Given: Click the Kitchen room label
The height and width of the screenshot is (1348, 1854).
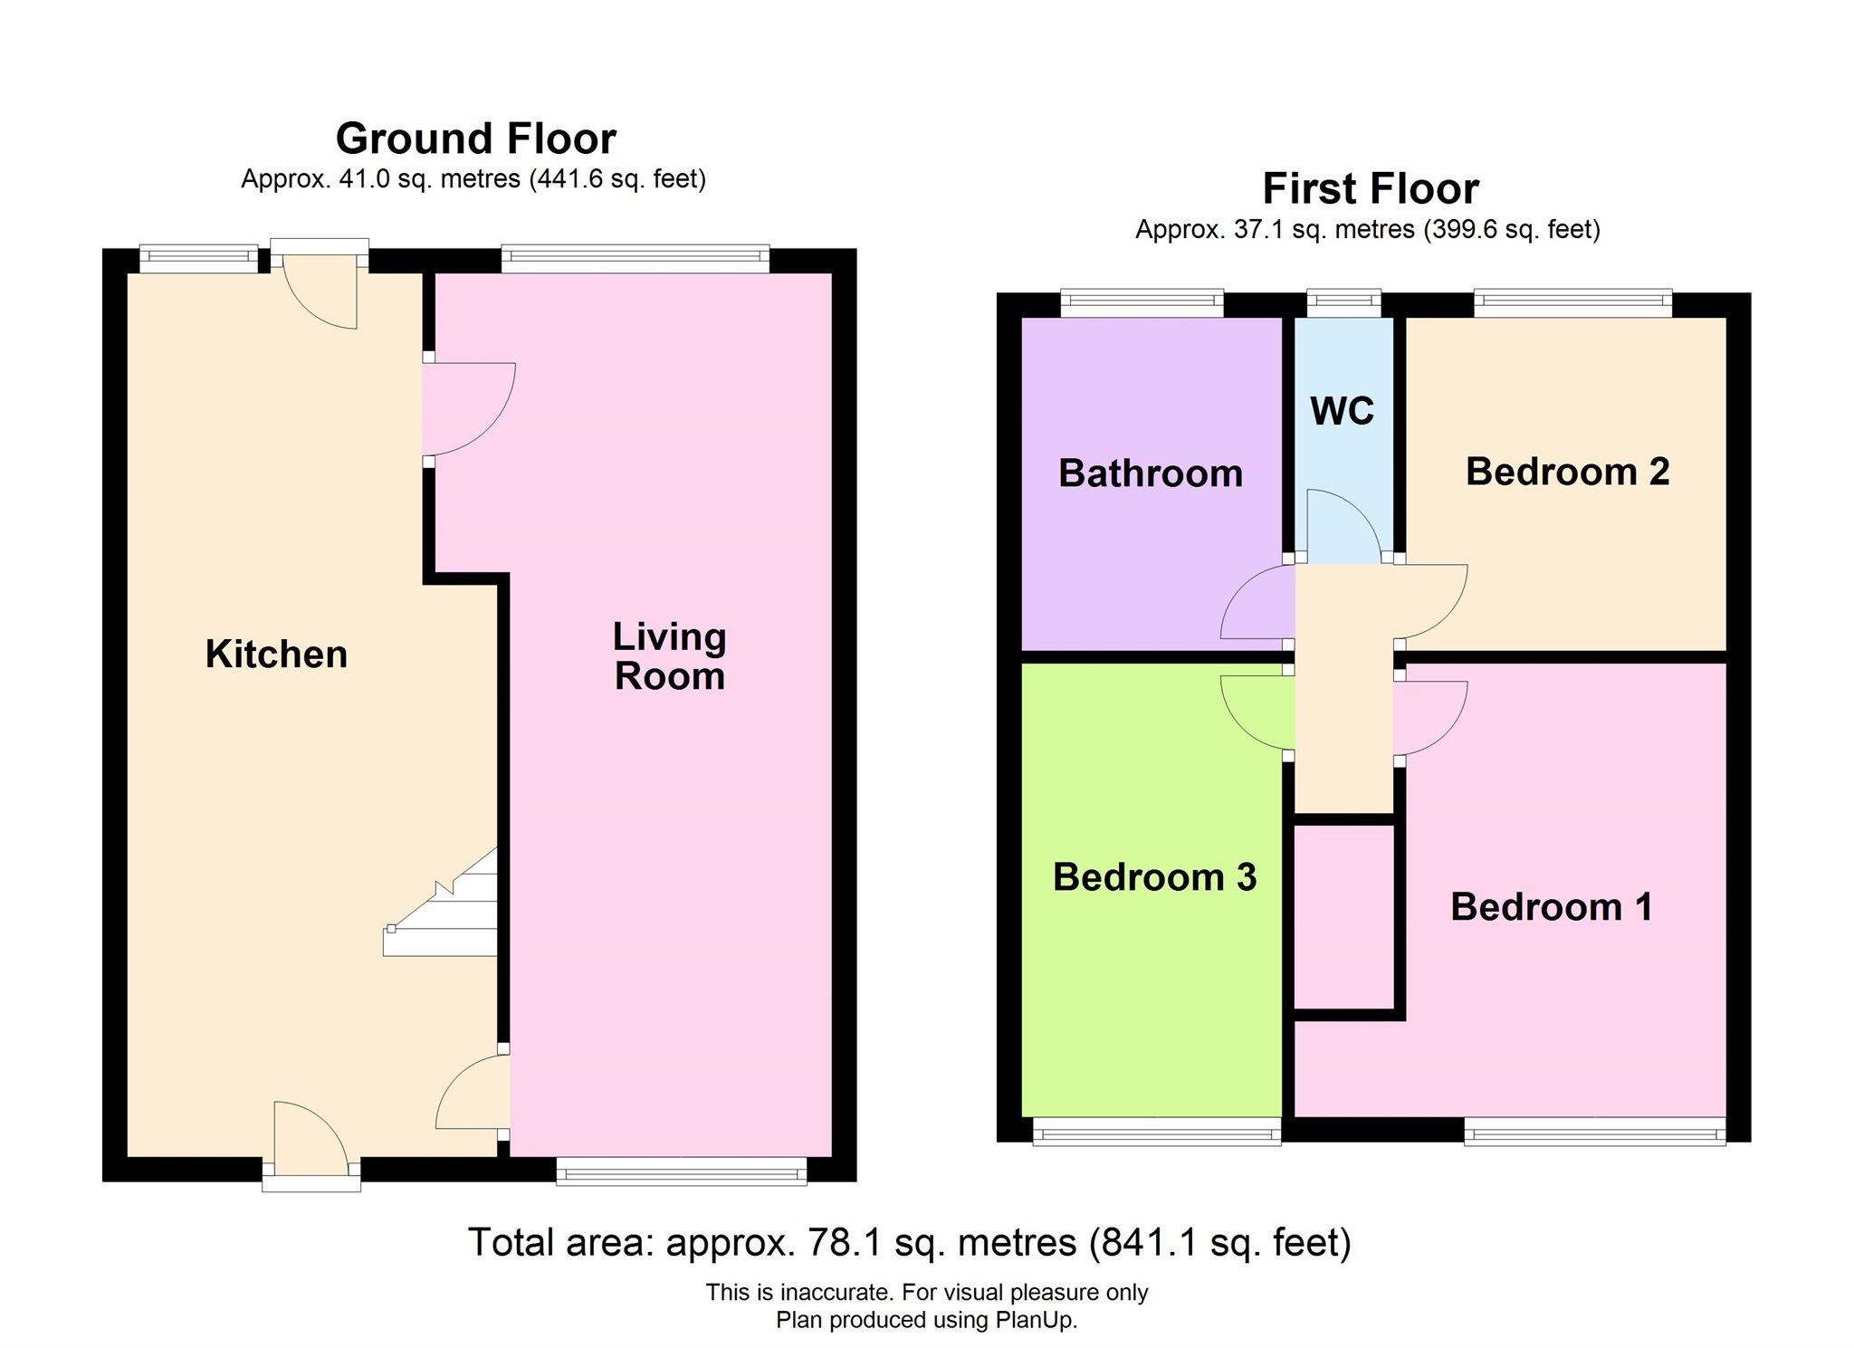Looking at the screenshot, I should (276, 654).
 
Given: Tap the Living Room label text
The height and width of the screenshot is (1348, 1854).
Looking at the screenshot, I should (669, 656).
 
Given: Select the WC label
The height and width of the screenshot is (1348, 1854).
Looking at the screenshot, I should (1342, 411).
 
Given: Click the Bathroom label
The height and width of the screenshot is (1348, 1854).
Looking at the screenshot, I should (1150, 473).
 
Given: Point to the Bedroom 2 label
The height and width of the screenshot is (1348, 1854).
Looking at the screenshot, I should (1567, 472).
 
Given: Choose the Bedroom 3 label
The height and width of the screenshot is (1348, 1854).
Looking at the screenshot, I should (1154, 877).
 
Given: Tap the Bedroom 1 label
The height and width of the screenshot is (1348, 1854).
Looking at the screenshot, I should (1551, 907).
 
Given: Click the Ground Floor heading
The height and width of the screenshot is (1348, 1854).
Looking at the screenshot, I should (475, 139).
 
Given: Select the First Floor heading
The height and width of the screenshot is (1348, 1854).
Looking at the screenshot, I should (1371, 189).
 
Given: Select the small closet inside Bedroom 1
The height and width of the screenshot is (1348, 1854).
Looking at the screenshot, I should (1343, 915).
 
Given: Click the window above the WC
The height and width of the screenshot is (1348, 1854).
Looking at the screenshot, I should (1343, 303).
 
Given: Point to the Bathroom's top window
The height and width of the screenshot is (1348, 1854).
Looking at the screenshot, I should (1142, 303).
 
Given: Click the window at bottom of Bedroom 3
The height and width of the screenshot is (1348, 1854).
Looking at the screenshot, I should (1156, 1131).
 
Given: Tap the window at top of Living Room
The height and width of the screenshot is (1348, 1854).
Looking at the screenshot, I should (635, 259).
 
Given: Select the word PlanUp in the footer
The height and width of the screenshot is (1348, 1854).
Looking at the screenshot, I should (1035, 1320).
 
